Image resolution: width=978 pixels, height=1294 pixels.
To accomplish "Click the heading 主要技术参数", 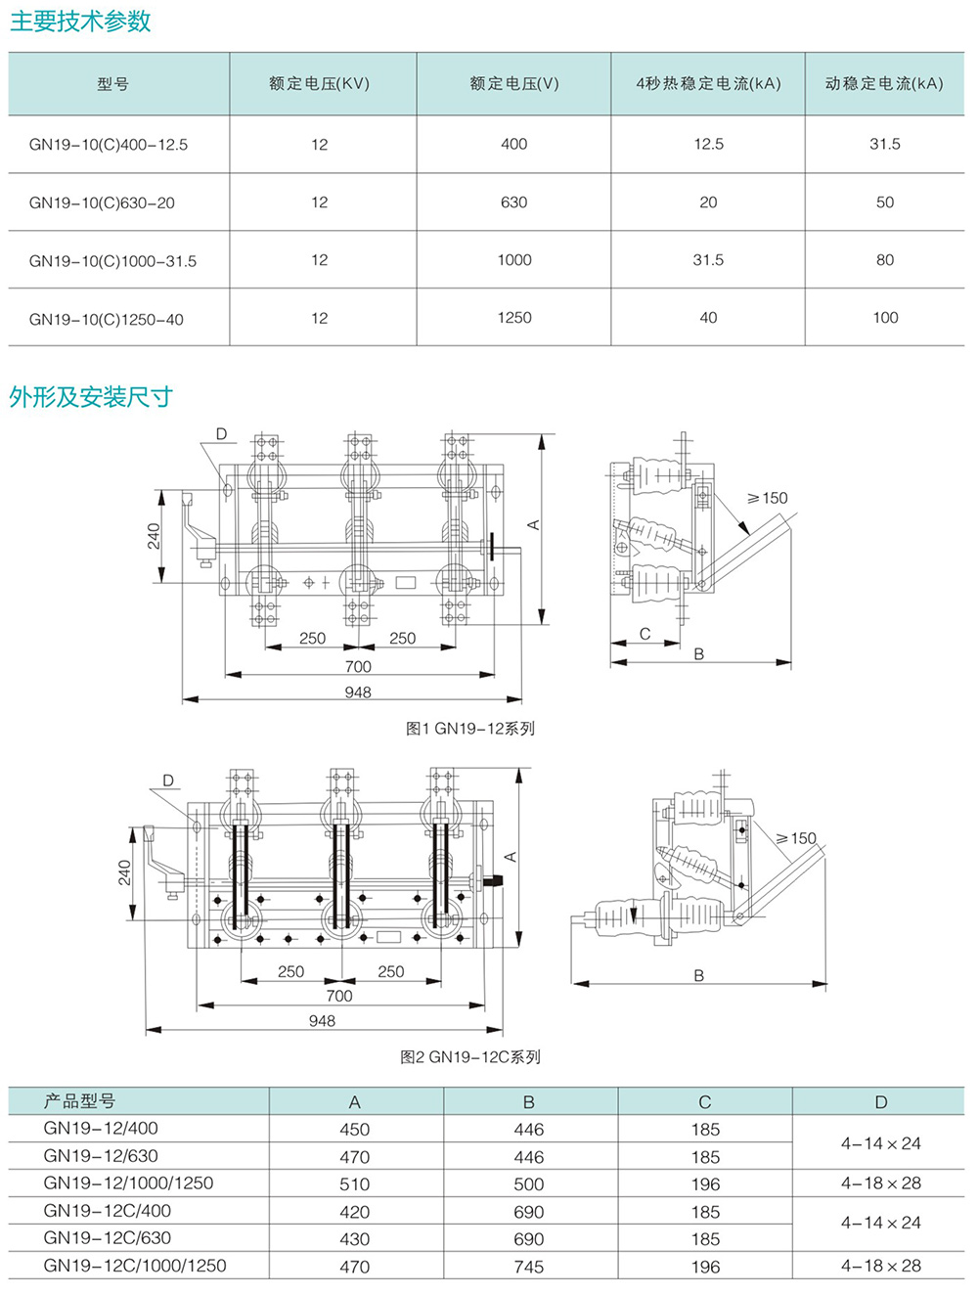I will (x=80, y=22).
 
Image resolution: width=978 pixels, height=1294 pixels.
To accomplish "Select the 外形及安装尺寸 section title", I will (x=91, y=397).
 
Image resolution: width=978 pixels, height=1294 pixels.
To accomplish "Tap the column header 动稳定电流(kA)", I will (x=884, y=84).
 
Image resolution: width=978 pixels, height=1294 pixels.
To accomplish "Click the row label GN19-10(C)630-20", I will (x=102, y=203).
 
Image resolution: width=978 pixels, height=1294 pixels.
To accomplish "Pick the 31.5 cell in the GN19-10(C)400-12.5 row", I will (x=884, y=144).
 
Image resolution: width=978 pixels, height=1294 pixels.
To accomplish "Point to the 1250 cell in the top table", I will (x=513, y=318).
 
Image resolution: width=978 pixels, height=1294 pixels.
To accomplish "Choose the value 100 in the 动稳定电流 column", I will (x=884, y=318).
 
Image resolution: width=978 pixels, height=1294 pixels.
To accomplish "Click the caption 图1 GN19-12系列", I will (x=470, y=729).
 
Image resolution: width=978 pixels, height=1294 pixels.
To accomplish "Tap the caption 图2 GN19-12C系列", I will (x=470, y=1057).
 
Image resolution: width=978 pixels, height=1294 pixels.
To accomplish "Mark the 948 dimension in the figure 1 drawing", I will (x=358, y=692).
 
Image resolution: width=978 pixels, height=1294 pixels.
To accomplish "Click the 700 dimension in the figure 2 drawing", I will (x=338, y=996).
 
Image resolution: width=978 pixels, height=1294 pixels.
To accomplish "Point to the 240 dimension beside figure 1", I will (x=155, y=536).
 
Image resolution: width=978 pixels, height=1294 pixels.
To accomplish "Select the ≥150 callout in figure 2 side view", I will (x=796, y=838).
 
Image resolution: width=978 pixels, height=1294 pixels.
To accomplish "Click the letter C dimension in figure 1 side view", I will (x=645, y=634).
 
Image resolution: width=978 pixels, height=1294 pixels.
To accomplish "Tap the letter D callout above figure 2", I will (x=168, y=781).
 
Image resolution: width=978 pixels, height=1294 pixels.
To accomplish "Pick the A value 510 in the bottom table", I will (x=354, y=1184).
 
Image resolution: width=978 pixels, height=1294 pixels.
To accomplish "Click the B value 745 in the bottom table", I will (x=528, y=1267).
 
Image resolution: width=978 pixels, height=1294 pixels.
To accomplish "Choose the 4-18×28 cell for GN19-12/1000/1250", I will (x=880, y=1183).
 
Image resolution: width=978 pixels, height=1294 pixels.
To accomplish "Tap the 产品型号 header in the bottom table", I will (x=79, y=1101).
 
